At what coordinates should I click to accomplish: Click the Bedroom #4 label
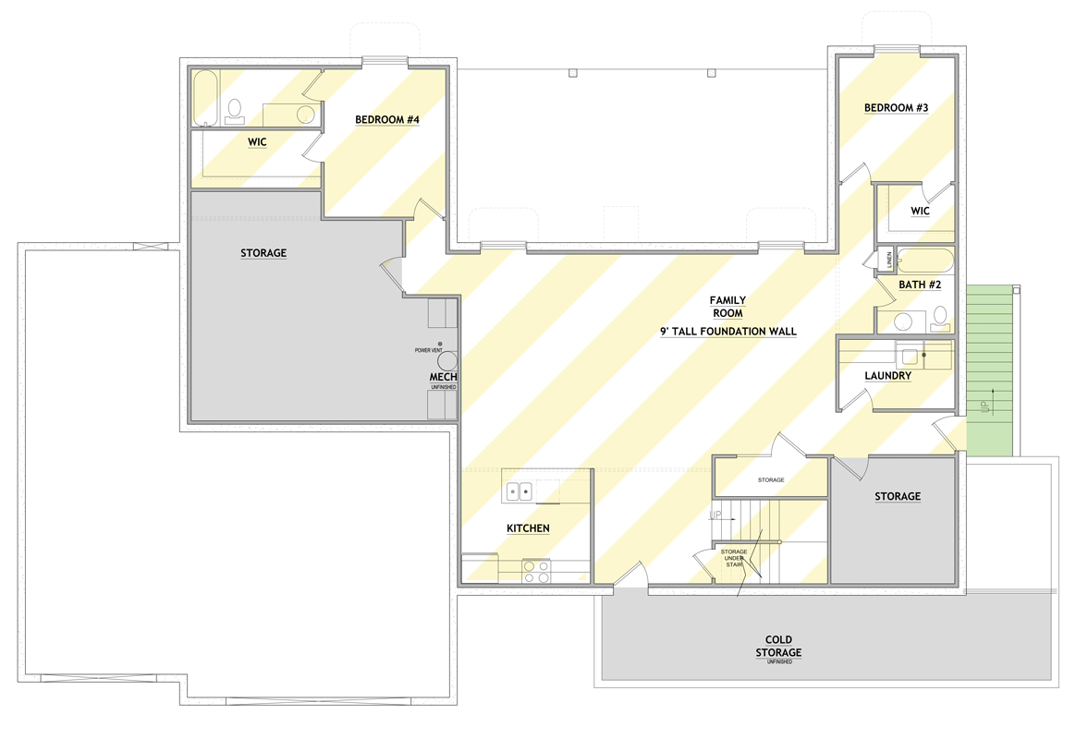pyautogui.click(x=388, y=119)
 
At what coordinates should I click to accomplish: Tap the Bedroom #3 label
pyautogui.click(x=896, y=108)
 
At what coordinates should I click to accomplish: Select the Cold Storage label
pyautogui.click(x=778, y=646)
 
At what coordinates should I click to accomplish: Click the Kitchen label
pyautogui.click(x=528, y=528)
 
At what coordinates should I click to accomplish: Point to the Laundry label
pyautogui.click(x=887, y=376)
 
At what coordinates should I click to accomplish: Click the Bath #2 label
pyautogui.click(x=920, y=285)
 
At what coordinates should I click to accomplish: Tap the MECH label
pyautogui.click(x=443, y=378)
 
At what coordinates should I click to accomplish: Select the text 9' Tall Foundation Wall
pyautogui.click(x=728, y=331)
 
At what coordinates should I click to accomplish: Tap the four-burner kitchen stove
pyautogui.click(x=535, y=570)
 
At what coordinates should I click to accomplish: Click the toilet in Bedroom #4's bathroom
pyautogui.click(x=234, y=110)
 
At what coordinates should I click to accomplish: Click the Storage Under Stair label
pyautogui.click(x=734, y=558)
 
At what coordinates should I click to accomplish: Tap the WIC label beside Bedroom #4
pyautogui.click(x=257, y=142)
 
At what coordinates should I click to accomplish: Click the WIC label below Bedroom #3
pyautogui.click(x=919, y=212)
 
